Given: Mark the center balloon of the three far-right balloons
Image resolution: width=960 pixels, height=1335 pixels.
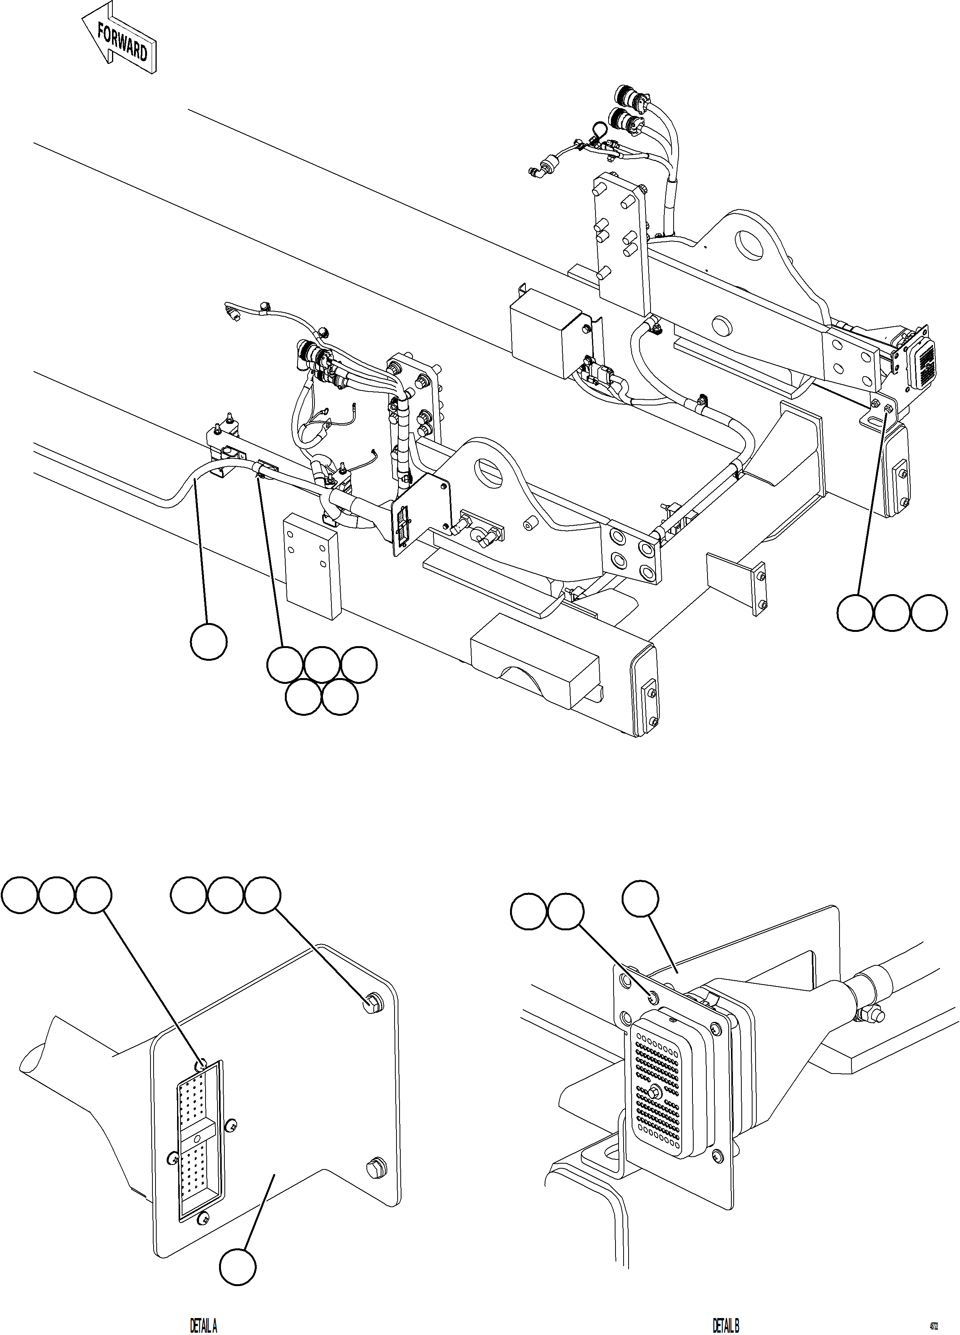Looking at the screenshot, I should [x=892, y=613].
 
